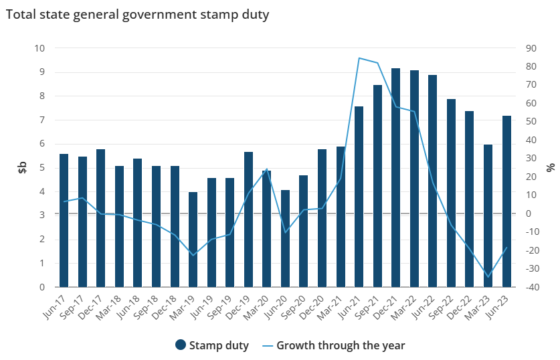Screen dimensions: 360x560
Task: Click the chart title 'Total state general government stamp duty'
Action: (x=137, y=15)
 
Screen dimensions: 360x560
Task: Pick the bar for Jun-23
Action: (x=507, y=201)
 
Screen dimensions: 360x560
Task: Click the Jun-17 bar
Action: (x=64, y=220)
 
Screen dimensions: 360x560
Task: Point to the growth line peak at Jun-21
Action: (x=359, y=58)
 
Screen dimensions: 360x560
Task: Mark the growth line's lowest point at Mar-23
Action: (x=488, y=276)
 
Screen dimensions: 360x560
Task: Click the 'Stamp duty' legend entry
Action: (x=212, y=345)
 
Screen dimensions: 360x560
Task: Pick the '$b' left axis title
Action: (x=22, y=167)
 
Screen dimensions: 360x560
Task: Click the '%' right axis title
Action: (x=550, y=167)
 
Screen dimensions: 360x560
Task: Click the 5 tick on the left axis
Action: (x=41, y=167)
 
